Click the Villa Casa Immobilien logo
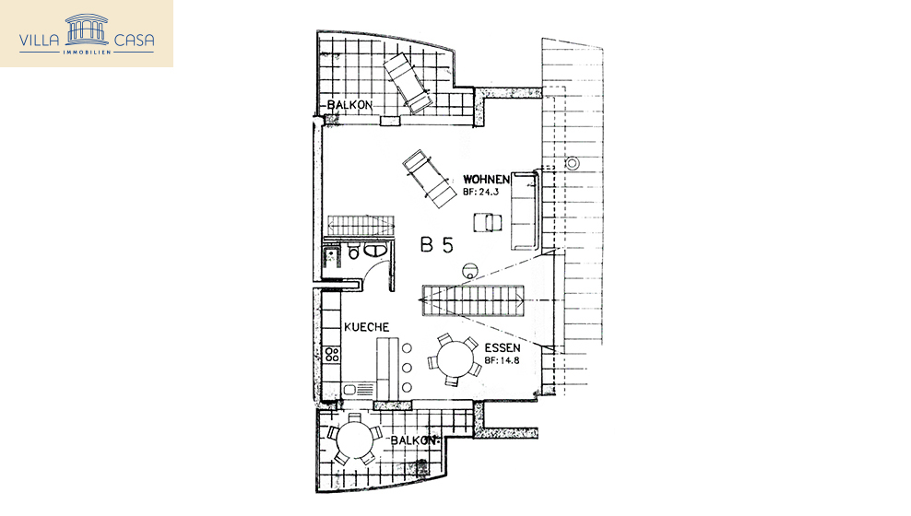[x=87, y=34]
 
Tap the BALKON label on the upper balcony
[x=349, y=106]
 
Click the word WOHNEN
[x=487, y=179]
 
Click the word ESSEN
[x=503, y=348]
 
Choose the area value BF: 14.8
[x=503, y=361]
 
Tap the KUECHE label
[x=367, y=327]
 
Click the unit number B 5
[x=437, y=245]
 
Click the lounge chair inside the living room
[x=427, y=178]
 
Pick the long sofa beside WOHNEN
[x=524, y=210]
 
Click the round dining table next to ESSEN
[x=453, y=359]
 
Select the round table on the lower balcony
[x=353, y=440]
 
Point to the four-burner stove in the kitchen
[x=332, y=354]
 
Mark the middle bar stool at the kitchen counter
[x=406, y=367]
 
